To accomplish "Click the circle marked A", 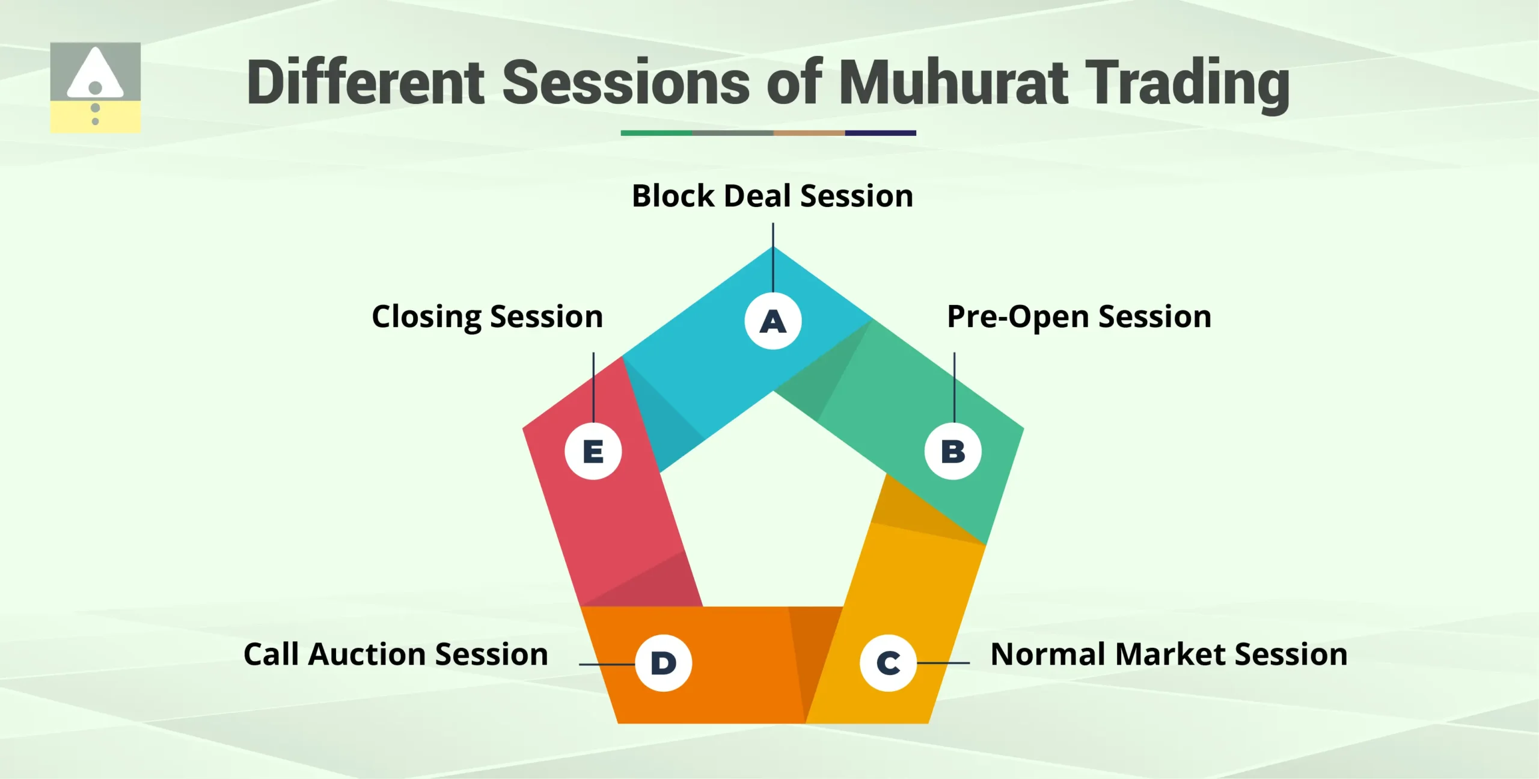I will [x=773, y=321].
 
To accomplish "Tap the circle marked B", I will [x=953, y=451].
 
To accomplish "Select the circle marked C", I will [x=888, y=663].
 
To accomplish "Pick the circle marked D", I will [x=664, y=663].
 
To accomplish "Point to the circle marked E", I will [x=593, y=451].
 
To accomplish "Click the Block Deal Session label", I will [x=773, y=196].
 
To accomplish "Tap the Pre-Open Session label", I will [x=1079, y=317].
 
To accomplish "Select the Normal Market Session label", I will [x=1169, y=654].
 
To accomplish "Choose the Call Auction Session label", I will [x=396, y=654].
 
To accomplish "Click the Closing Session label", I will [x=488, y=317].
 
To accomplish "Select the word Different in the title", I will [x=366, y=82].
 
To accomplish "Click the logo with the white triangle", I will [x=96, y=87].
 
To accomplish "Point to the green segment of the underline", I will [x=656, y=133].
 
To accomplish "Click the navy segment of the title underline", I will [x=880, y=133].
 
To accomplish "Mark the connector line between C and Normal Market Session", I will [x=943, y=663].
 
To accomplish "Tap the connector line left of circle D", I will [x=607, y=664].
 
